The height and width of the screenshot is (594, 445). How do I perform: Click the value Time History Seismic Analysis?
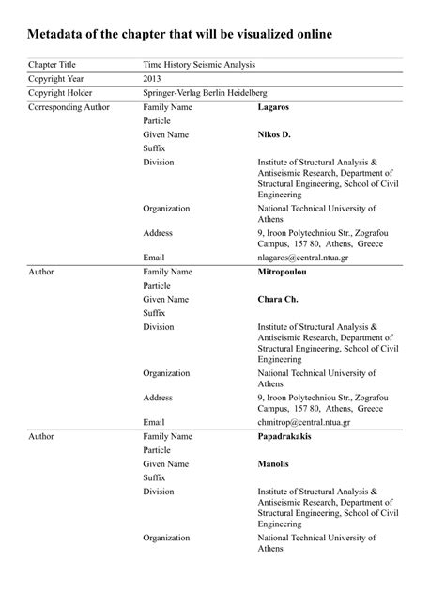click(198, 65)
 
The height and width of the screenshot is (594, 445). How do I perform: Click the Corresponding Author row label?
click(69, 107)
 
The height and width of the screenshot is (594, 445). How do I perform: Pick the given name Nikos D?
click(274, 134)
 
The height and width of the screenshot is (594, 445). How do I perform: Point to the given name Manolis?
click(274, 463)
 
